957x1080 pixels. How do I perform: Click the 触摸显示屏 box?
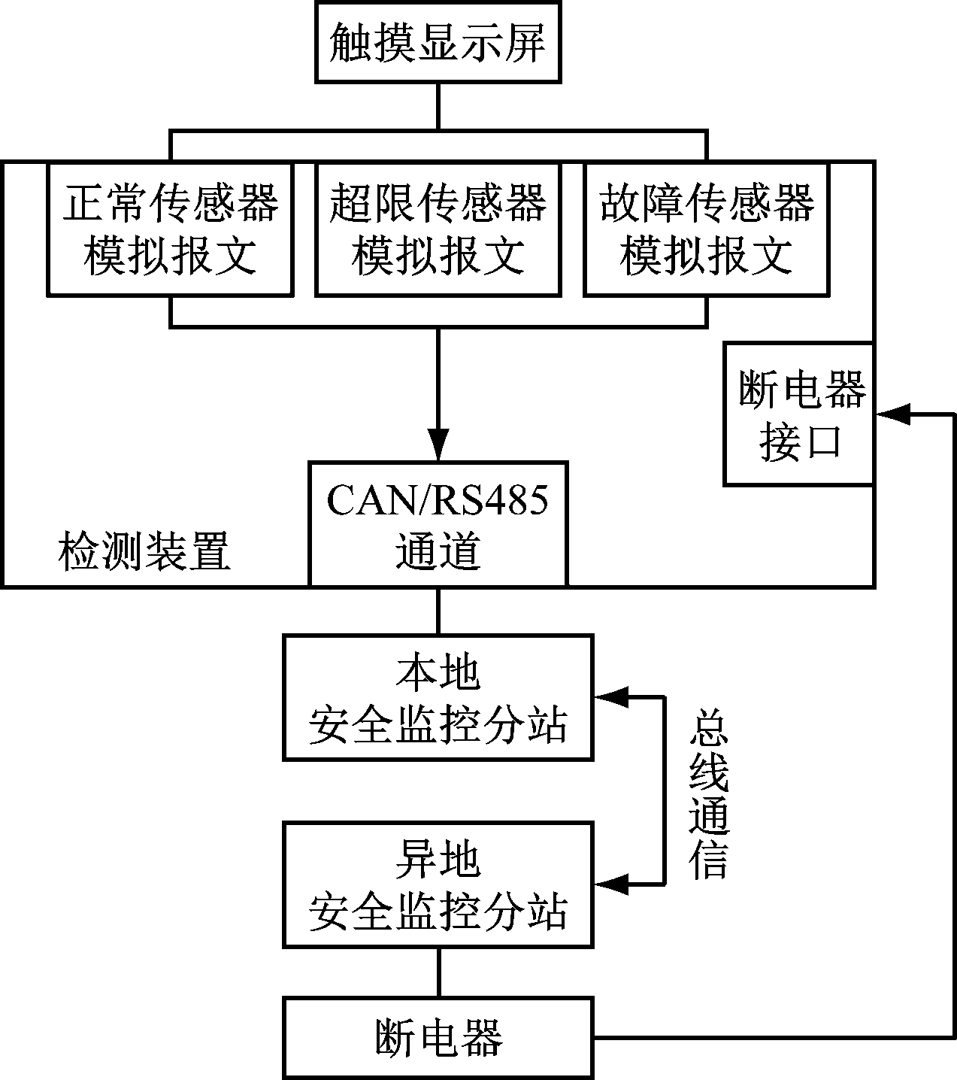[438, 42]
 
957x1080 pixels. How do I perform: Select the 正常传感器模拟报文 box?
[170, 229]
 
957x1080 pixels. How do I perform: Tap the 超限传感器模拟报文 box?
[438, 229]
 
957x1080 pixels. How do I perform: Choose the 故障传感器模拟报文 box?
[707, 229]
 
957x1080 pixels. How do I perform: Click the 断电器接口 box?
[798, 414]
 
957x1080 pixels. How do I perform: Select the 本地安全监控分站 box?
[438, 697]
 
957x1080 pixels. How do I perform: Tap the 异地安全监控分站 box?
[438, 884]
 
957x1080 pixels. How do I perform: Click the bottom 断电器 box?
[438, 1038]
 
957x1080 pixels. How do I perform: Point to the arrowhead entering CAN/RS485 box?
[438, 444]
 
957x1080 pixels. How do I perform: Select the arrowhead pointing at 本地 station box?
[610, 697]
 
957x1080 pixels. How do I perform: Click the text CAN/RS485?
[438, 500]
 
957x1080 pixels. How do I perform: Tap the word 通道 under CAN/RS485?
[438, 551]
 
